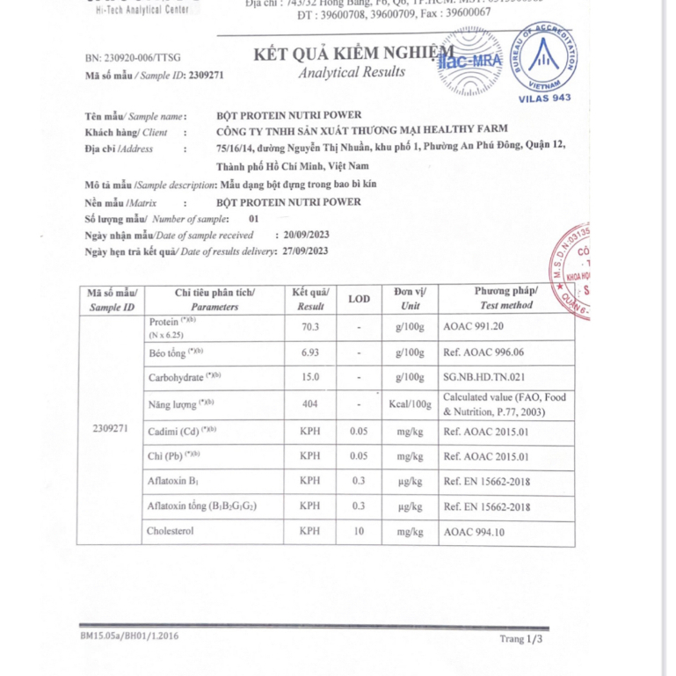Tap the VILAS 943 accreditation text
[545, 98]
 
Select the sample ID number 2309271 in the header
[207, 76]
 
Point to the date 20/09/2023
[302, 236]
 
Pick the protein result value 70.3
[309, 327]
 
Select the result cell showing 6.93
[309, 353]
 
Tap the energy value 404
[309, 404]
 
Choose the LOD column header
[359, 299]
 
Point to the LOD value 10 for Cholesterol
[359, 532]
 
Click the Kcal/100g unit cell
[411, 404]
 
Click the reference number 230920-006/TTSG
[133, 58]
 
